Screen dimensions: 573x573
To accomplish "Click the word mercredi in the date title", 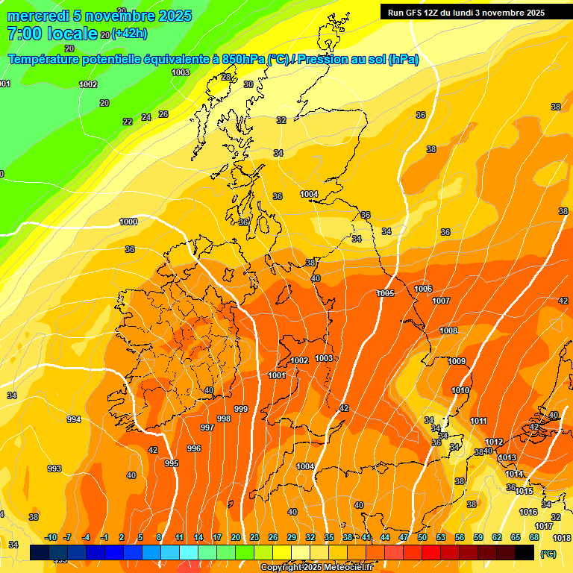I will (40, 16).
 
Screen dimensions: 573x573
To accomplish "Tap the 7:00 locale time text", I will (52, 34).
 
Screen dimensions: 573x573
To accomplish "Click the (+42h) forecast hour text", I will (129, 34).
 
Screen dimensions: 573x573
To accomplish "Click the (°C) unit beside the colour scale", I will (548, 554).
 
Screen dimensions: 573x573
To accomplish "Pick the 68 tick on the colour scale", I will (534, 537).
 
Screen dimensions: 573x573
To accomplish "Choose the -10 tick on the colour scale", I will (51, 537).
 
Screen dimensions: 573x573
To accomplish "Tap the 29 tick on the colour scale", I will (292, 537).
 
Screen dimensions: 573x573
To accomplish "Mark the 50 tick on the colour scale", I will (422, 537).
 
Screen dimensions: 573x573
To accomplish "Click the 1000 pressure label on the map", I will (128, 222).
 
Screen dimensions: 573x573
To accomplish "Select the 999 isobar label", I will (241, 409).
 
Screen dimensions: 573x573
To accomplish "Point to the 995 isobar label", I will (172, 463).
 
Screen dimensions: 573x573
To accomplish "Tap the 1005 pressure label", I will (385, 294).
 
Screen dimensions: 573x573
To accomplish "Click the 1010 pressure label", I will (460, 390).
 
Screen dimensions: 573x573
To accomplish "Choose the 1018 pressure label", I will (562, 538).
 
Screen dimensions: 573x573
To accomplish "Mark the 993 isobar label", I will (54, 469).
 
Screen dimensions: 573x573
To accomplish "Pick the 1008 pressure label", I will (448, 331).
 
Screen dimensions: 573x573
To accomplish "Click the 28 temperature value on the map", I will (226, 77).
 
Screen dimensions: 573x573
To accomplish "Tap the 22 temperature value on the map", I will (128, 122).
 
